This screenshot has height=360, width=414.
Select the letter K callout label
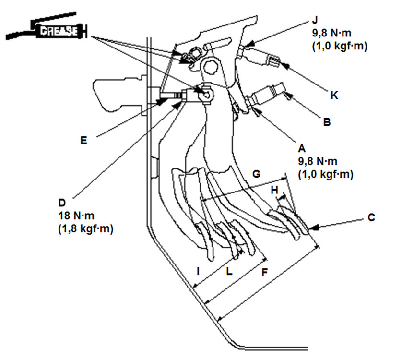(x=334, y=95)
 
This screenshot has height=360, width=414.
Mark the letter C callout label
(x=371, y=217)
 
